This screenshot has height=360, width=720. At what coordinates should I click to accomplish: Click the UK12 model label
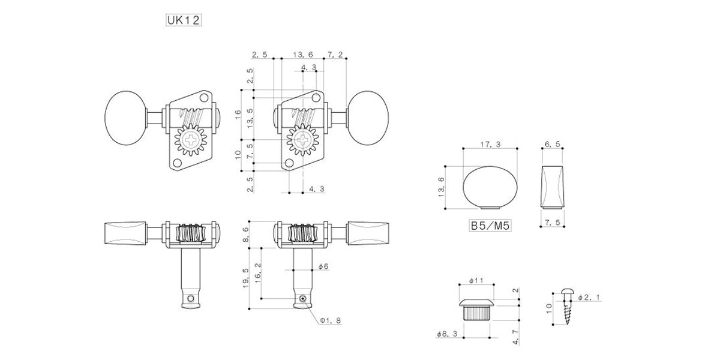[184, 20]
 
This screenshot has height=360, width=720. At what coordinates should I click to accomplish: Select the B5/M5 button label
[490, 226]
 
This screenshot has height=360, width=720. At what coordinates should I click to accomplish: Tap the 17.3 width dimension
[490, 145]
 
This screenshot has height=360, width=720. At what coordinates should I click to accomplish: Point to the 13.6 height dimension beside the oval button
[442, 187]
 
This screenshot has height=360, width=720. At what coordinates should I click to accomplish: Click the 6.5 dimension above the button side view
[552, 145]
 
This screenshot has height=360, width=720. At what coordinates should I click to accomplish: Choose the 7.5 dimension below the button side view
[553, 222]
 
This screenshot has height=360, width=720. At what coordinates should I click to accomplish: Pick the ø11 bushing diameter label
[476, 281]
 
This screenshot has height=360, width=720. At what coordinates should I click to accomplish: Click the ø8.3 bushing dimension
[447, 334]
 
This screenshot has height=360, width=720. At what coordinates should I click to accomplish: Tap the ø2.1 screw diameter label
[589, 298]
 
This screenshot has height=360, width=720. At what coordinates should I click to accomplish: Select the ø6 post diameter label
[323, 266]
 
